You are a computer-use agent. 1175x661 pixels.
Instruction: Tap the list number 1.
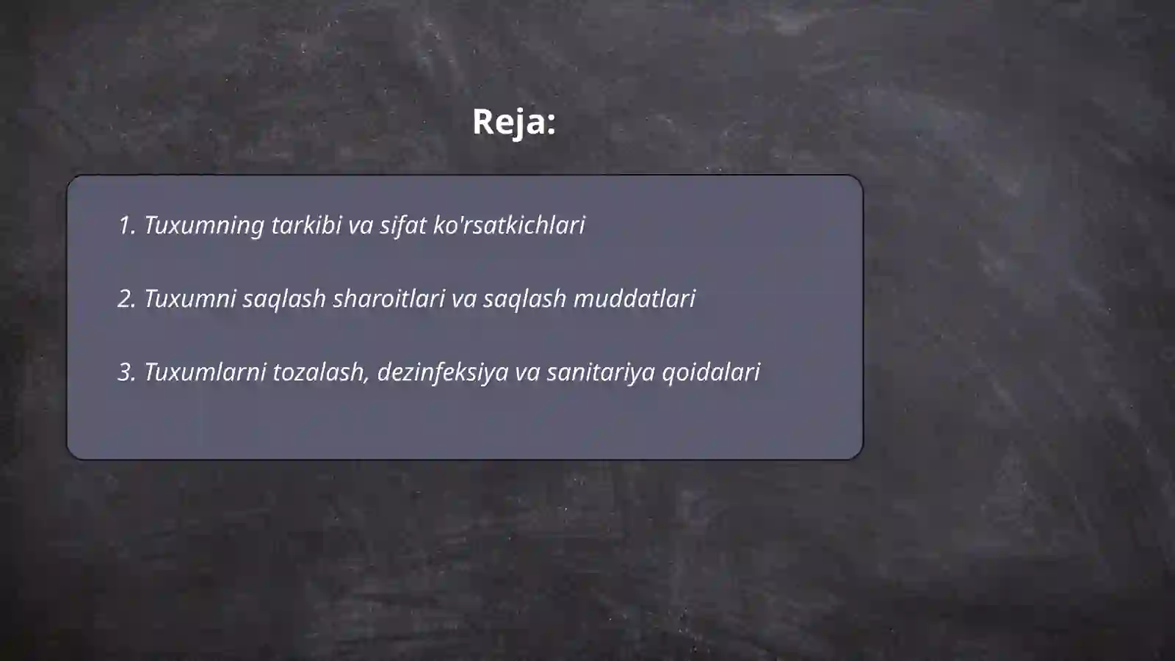coord(126,225)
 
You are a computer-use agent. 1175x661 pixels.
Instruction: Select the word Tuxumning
coord(203,225)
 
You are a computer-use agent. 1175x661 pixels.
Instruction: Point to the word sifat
coord(402,225)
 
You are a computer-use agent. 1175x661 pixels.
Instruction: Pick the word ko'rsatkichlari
coord(509,225)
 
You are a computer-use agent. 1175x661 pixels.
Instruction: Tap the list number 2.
coord(126,299)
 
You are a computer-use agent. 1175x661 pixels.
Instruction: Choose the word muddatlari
coord(634,299)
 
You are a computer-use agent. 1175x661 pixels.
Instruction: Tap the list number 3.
coord(126,372)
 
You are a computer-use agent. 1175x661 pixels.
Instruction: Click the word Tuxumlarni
coord(205,372)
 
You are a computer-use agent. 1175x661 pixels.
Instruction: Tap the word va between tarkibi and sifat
coord(361,225)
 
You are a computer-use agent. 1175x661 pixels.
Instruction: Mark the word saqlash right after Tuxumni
coord(284,299)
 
